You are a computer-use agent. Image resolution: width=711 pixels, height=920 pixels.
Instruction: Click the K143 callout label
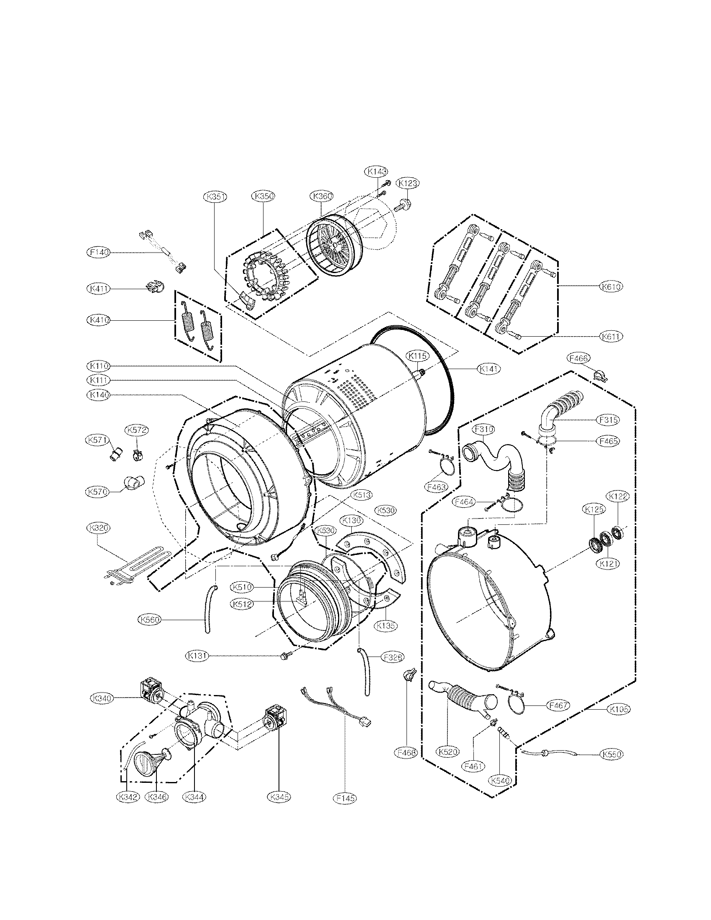(376, 171)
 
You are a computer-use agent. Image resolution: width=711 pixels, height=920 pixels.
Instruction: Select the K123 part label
(408, 183)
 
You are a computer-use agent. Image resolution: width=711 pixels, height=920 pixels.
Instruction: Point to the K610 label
(611, 286)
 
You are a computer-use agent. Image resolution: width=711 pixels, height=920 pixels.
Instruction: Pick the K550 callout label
(611, 754)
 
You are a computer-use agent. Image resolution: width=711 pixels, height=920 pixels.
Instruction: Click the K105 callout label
(618, 709)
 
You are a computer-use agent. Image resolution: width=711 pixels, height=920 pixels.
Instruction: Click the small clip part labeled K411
(155, 286)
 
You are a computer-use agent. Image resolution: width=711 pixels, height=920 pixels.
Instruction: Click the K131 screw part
(285, 657)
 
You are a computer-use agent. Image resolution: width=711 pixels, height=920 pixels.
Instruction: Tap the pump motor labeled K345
(274, 719)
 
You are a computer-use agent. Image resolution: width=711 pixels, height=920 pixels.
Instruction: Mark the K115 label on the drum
(417, 356)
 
